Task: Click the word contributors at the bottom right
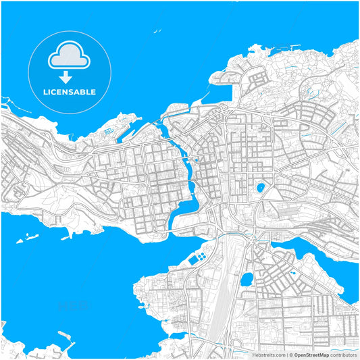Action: (x=343, y=354)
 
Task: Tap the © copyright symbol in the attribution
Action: (x=290, y=354)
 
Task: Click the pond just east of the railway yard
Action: (x=247, y=278)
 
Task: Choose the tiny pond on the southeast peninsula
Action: (x=292, y=273)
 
